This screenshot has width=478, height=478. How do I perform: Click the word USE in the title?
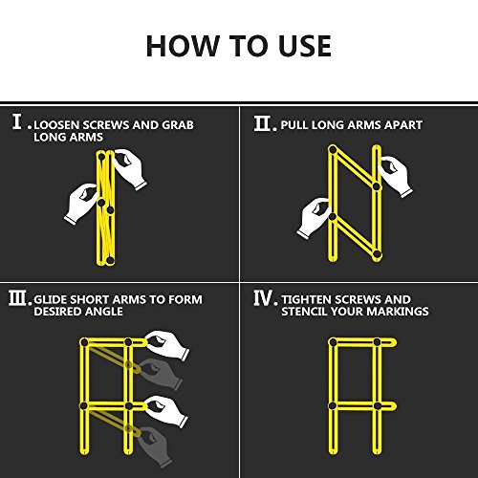305,46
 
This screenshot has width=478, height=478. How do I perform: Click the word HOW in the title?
182,46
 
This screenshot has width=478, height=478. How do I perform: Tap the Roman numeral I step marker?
18,121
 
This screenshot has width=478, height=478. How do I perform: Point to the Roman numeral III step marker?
18,298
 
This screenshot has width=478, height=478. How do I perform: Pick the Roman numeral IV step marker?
264,297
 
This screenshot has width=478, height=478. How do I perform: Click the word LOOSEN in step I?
57,125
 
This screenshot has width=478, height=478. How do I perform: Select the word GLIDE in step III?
50,300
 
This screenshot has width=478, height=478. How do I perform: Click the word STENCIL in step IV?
304,312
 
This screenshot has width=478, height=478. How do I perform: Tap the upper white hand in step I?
130,168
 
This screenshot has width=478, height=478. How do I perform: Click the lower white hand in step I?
81,204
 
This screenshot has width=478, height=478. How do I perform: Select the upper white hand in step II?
395,175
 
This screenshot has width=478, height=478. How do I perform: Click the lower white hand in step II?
314,218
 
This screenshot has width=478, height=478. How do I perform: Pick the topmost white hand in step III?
167,345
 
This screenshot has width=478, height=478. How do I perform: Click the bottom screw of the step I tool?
110,260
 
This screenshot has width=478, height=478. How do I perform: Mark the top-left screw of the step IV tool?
333,342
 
